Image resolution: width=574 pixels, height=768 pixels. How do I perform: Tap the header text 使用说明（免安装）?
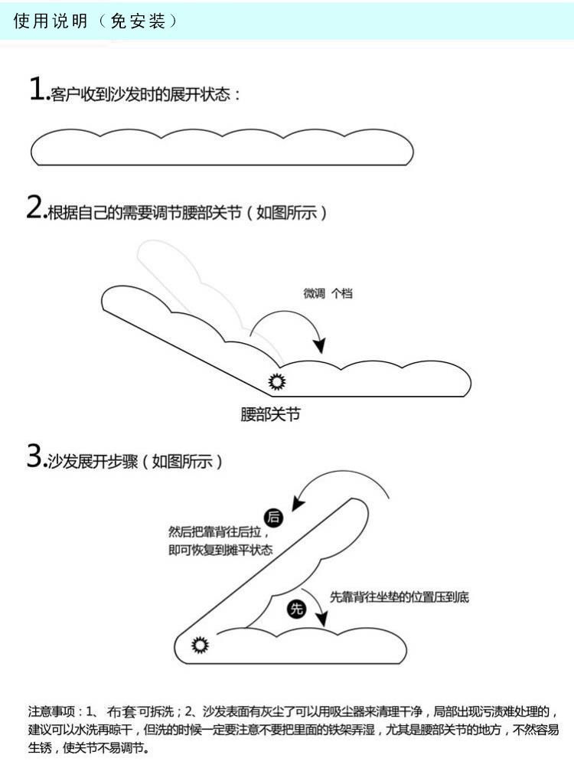click(x=96, y=21)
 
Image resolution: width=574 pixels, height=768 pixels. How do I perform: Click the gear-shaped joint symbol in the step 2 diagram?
click(x=276, y=381)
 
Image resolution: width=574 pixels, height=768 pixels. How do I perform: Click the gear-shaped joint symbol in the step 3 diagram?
click(x=201, y=645)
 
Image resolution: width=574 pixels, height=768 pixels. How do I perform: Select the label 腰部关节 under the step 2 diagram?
click(x=271, y=416)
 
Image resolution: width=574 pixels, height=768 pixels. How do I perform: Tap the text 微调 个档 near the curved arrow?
click(x=328, y=293)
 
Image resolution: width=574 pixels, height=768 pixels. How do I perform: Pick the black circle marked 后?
click(x=273, y=518)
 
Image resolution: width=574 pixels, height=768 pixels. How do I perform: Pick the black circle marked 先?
click(x=296, y=609)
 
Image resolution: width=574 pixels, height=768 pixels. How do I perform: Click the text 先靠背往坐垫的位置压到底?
click(x=399, y=597)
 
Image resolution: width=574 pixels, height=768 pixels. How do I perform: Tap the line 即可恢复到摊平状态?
click(x=220, y=551)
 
